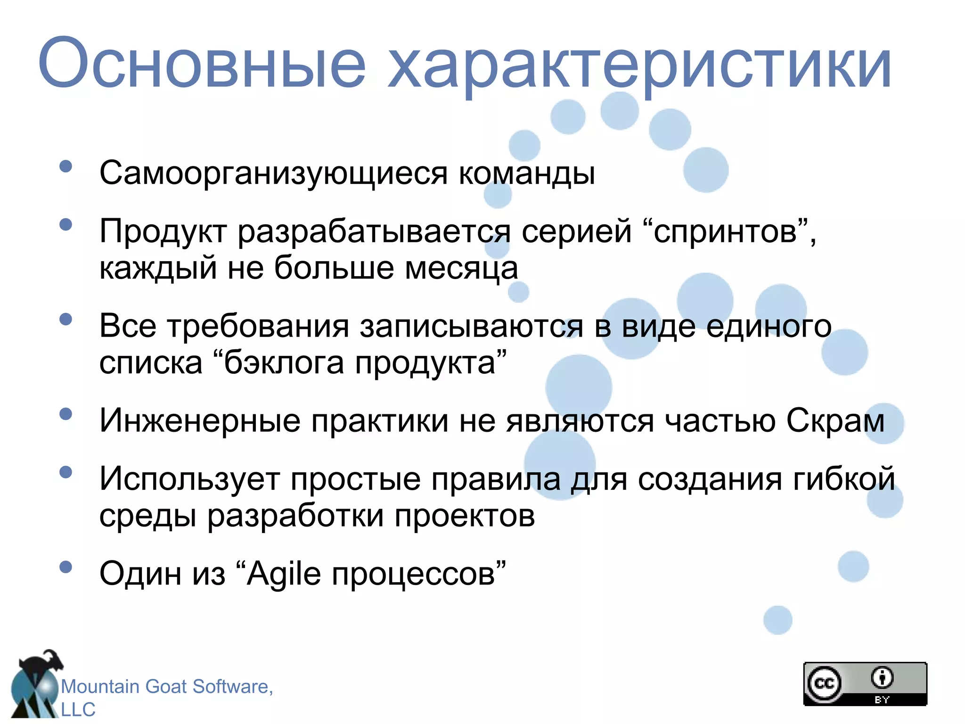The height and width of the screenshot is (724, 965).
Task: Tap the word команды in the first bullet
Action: pos(527,173)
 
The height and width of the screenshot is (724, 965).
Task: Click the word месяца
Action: pos(461,269)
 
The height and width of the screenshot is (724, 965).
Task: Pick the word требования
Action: pos(258,326)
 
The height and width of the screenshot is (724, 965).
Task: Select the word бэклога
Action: pos(284,363)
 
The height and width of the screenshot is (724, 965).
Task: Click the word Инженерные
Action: pos(200,421)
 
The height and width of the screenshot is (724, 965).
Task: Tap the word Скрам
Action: pos(835,420)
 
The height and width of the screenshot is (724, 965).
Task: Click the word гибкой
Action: pos(844,479)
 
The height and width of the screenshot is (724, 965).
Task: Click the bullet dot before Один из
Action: pos(66,567)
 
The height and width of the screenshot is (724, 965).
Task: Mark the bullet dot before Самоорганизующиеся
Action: pos(66,166)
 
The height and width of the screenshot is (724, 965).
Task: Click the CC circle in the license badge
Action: pos(824,683)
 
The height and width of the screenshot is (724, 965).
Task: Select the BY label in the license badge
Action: pos(882,699)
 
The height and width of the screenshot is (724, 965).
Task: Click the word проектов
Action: pos(465,517)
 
